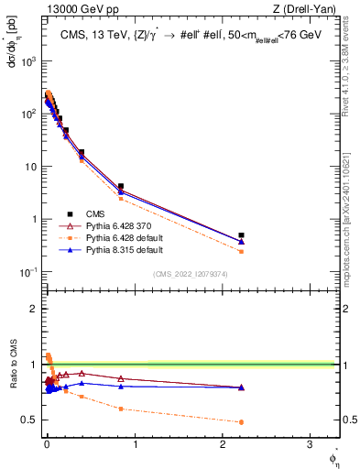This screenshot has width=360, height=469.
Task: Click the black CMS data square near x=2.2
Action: click(241, 235)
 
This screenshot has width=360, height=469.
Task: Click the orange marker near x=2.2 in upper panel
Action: click(241, 251)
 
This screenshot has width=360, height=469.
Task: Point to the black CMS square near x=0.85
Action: click(121, 186)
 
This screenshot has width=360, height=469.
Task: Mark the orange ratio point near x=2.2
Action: click(241, 422)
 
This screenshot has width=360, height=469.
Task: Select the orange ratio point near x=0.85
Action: click(121, 409)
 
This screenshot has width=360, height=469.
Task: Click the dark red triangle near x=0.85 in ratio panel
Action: click(121, 378)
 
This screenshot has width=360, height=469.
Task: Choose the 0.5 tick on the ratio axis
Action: click(28, 420)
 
